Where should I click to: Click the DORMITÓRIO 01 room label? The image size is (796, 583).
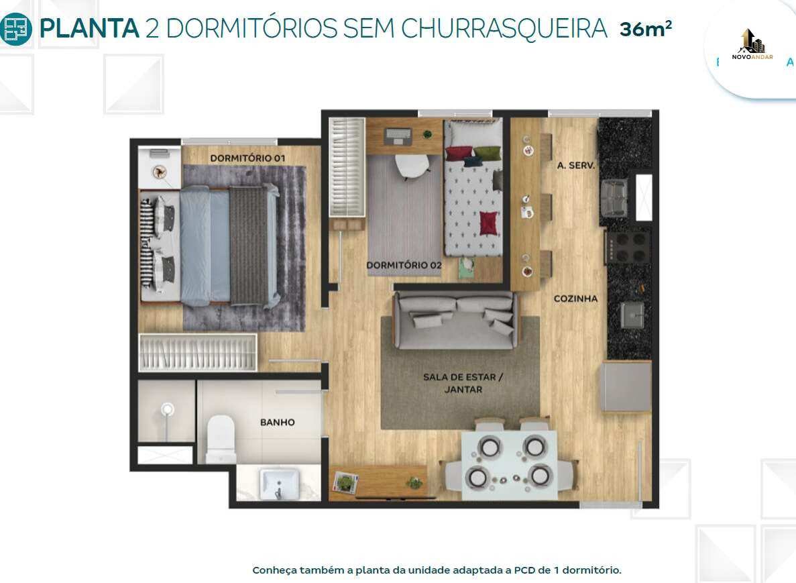247,158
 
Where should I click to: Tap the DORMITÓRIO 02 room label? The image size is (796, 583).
404,265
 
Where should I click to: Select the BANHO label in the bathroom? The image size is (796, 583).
277,422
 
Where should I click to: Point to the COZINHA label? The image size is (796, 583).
575,299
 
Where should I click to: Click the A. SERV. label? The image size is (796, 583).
575,165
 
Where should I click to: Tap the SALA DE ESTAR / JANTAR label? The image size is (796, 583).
463,383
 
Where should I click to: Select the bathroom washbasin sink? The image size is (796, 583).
279,484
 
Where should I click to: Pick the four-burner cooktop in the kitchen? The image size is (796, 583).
628,248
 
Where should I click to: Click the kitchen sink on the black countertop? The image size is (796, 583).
632,315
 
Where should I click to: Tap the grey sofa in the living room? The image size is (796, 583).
455,321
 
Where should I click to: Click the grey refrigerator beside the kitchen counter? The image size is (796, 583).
626,386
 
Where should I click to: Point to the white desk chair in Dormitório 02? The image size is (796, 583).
412,166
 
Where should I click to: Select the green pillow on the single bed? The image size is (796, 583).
488,152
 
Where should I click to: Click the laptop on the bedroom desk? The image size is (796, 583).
398,136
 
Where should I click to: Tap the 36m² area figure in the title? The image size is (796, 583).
645,28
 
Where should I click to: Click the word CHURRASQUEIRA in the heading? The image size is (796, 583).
504,28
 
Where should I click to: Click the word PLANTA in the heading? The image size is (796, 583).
89,28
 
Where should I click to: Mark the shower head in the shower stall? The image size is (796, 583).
167,409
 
